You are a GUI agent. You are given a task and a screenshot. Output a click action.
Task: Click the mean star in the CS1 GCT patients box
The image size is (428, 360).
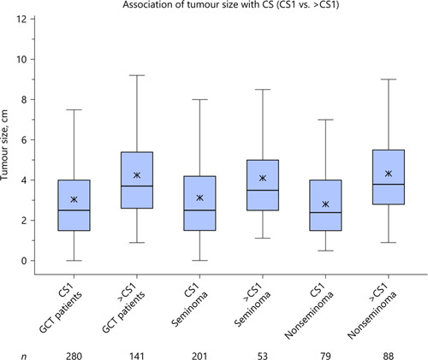tap(74, 199)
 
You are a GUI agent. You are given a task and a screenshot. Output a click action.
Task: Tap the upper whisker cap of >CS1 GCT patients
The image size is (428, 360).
tap(137, 75)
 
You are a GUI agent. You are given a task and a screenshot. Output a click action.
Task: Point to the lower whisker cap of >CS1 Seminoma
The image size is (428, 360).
tap(263, 239)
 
